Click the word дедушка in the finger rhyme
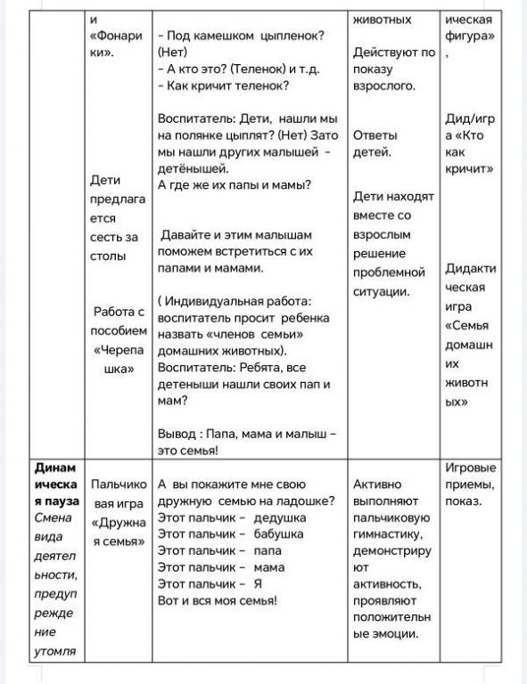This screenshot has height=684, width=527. [280, 517]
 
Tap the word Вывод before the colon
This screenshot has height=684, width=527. [177, 435]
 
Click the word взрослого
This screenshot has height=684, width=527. [384, 85]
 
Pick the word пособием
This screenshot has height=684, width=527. [119, 330]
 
